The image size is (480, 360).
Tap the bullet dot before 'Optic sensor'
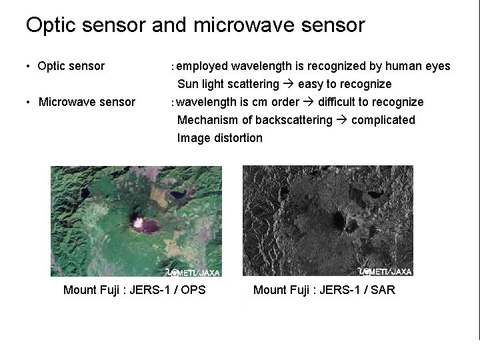click(x=28, y=67)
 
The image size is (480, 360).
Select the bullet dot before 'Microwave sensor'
click(x=28, y=103)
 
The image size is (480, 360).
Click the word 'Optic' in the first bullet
click(x=52, y=66)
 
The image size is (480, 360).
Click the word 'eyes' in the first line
click(x=437, y=66)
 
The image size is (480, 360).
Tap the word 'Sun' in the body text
click(x=187, y=84)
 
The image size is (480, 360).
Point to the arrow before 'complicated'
click(x=341, y=120)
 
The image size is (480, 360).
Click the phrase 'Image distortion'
click(x=219, y=138)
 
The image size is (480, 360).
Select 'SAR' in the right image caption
click(x=382, y=290)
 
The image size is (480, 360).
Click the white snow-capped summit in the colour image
click(x=139, y=221)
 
